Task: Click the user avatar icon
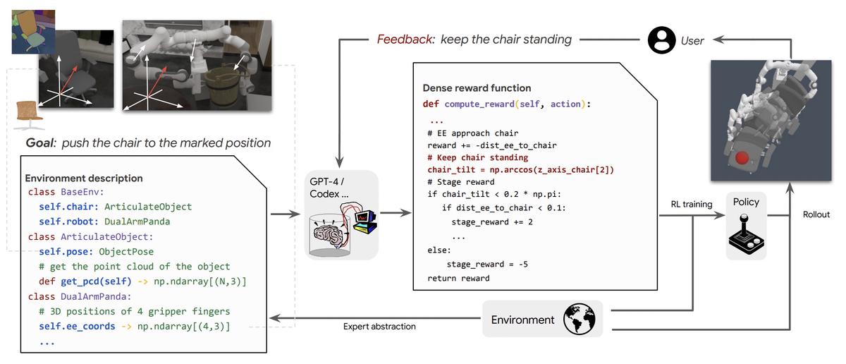tap(661, 40)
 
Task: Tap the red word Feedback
tap(405, 40)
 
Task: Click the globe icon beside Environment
tap(579, 319)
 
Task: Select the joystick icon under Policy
tap(747, 234)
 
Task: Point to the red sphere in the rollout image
tap(742, 158)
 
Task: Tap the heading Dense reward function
tap(477, 88)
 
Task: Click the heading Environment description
tap(84, 178)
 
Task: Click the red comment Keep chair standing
tap(478, 157)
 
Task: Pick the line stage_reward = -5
tap(487, 265)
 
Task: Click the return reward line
tap(458, 279)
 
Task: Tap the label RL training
tap(692, 205)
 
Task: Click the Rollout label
tap(816, 214)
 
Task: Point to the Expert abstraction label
tap(379, 327)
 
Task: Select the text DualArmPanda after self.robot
tap(137, 222)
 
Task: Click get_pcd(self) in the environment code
tap(96, 281)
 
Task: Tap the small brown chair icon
tap(30, 114)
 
